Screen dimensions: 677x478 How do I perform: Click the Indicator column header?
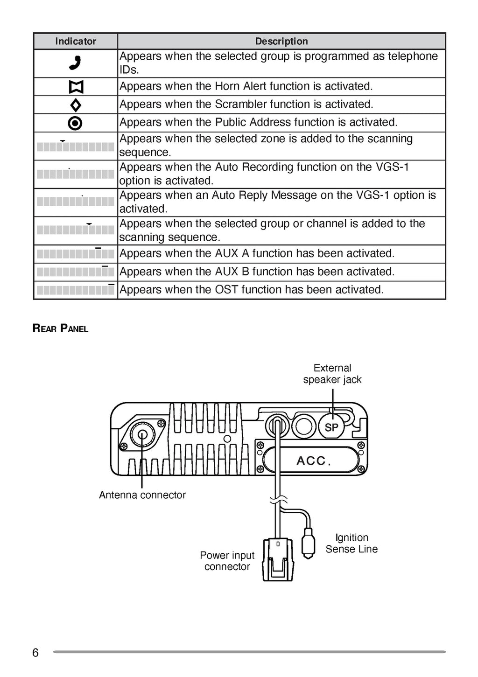point(76,41)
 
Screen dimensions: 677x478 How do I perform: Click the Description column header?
point(281,41)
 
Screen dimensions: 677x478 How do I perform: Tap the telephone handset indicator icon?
point(75,63)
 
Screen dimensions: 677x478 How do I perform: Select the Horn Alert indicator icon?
point(76,87)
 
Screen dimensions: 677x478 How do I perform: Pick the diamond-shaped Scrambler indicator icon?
point(76,105)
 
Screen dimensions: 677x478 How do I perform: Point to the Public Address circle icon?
point(75,123)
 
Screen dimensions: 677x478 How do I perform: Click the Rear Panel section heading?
point(60,328)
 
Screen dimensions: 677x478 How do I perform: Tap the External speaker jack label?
point(332,374)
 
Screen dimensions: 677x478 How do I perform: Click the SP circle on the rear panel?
point(331,427)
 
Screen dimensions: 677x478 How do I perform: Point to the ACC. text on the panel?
point(314,461)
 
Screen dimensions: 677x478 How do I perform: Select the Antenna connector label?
point(142,495)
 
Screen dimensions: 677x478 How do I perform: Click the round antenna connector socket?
point(141,435)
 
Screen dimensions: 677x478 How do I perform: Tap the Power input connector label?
point(227,561)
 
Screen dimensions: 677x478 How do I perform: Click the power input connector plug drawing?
point(278,559)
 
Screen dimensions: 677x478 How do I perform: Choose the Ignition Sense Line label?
point(351,544)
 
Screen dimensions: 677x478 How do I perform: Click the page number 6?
point(35,653)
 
